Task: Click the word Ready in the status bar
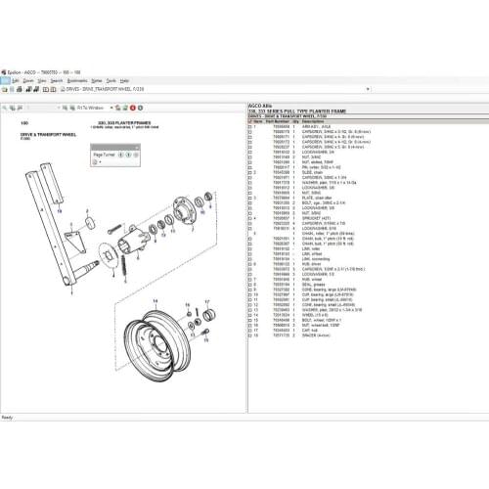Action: [x=8, y=416]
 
